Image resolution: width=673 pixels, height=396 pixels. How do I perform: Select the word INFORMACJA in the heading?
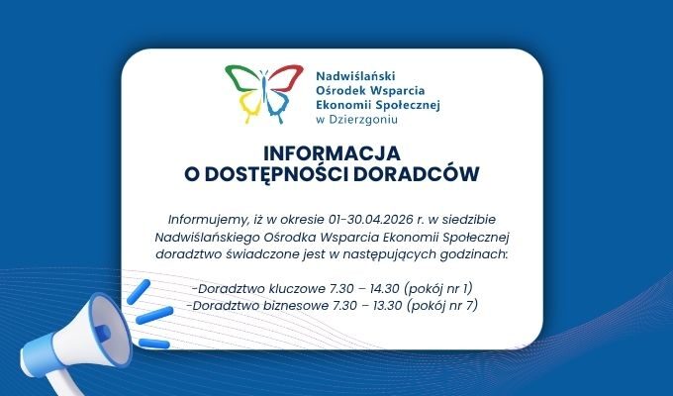(x=332, y=154)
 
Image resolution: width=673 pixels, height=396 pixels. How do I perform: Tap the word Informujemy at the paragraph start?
(x=203, y=219)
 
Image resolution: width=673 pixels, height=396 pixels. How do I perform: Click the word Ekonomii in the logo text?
(x=342, y=102)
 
